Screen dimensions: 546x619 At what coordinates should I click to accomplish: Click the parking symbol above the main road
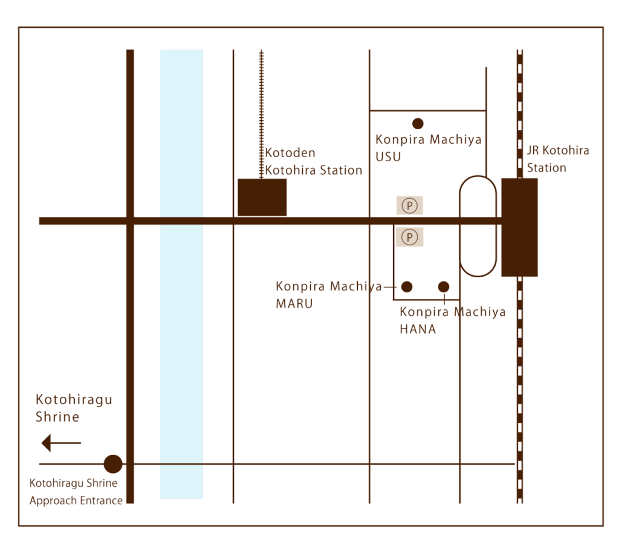[x=409, y=206]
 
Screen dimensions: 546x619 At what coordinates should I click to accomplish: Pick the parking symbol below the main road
[x=409, y=237]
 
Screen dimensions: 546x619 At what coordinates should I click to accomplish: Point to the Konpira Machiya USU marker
[x=417, y=123]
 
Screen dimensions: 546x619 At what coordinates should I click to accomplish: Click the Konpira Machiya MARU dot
[x=407, y=287]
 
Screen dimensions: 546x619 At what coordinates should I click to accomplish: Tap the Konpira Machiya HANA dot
[x=444, y=287]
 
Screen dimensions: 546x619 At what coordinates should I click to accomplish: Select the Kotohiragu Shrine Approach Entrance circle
[x=113, y=464]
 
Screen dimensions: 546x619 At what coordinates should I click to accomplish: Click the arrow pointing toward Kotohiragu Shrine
[x=60, y=443]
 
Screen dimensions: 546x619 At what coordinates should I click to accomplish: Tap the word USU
[x=388, y=157]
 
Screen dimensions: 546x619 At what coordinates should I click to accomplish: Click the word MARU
[x=294, y=304]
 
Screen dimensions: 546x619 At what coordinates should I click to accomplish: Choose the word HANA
[x=418, y=329]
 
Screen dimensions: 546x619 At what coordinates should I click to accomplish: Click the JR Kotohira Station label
[x=557, y=159]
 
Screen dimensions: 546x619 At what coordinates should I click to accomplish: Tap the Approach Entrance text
[x=76, y=500]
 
